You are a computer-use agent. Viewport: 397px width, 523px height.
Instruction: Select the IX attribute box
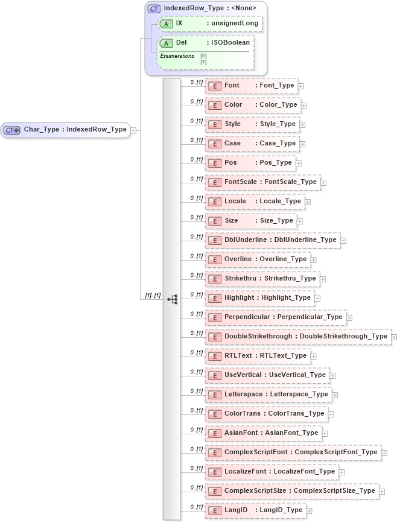pos(209,24)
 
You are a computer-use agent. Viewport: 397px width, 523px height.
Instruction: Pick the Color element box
pos(253,105)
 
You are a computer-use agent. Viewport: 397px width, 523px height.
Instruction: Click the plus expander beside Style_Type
pos(303,125)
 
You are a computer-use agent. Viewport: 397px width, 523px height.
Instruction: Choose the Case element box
pos(252,144)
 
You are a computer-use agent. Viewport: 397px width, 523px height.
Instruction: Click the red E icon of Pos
pos(214,163)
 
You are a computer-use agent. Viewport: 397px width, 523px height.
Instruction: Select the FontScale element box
pos(263,182)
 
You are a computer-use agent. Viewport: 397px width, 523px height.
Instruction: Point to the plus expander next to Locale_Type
pos(308,202)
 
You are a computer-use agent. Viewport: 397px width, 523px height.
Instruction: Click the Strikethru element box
pos(262,279)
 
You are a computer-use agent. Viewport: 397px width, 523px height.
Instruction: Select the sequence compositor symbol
pos(172,299)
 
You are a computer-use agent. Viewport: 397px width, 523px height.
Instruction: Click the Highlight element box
pos(260,298)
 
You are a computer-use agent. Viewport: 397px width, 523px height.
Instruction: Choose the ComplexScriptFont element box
pos(293,452)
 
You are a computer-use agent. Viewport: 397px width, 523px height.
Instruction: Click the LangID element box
pos(256,510)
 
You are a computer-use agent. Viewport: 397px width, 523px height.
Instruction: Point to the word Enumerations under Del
pos(177,56)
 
